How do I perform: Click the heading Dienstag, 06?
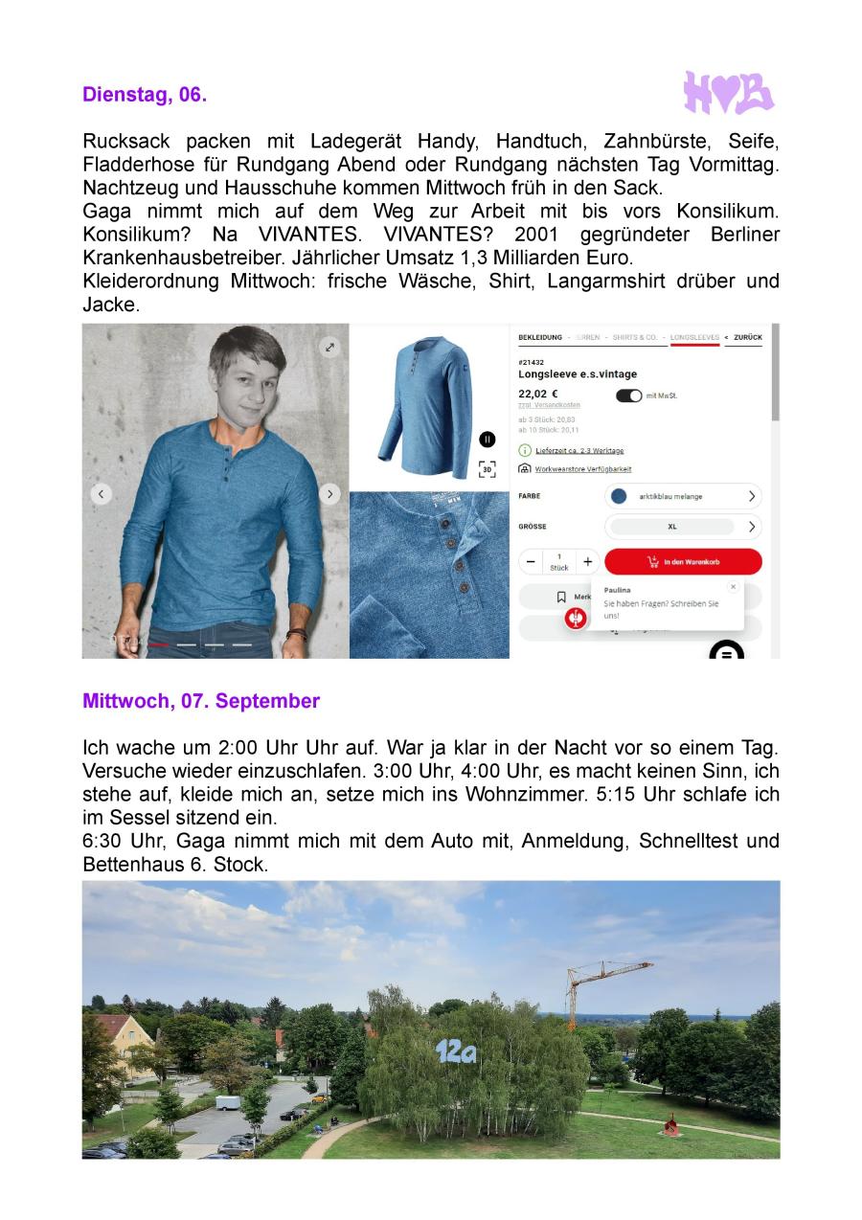(x=145, y=95)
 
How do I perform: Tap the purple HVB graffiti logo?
(x=728, y=93)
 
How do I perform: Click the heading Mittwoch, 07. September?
(x=201, y=701)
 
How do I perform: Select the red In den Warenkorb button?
(x=683, y=562)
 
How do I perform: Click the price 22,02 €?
(x=538, y=394)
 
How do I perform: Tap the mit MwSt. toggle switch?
(x=629, y=395)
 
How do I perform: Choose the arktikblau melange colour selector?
(x=683, y=496)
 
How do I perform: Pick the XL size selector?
(x=683, y=527)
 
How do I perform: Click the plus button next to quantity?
(x=588, y=562)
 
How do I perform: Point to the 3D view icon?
(x=487, y=469)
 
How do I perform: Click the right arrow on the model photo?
(x=330, y=494)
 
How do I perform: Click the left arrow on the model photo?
(x=101, y=494)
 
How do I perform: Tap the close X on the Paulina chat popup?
(x=733, y=586)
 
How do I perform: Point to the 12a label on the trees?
(x=456, y=1052)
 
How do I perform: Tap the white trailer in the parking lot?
(x=230, y=1102)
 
